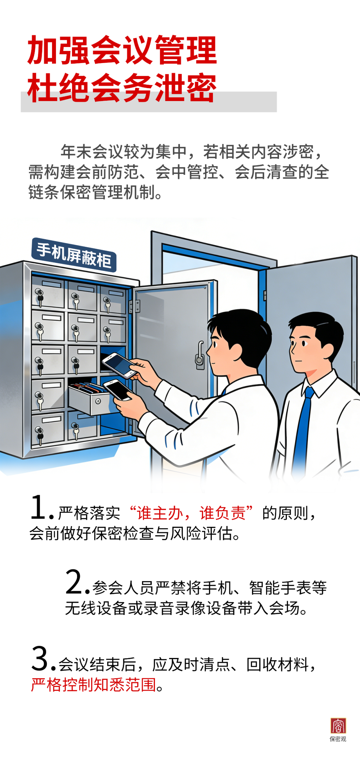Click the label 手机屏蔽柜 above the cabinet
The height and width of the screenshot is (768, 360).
(74, 255)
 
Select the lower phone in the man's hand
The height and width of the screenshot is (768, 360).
(117, 390)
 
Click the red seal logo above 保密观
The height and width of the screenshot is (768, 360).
(338, 726)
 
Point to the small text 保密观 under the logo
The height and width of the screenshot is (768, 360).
(338, 739)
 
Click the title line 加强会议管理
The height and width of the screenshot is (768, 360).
(122, 50)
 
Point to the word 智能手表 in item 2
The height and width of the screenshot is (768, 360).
(280, 588)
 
